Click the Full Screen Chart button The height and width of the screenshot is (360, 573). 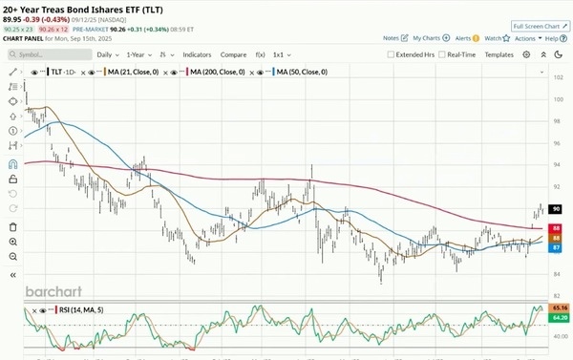pos(540,26)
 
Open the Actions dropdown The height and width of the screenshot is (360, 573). pos(526,38)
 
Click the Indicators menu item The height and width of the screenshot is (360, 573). pos(197,54)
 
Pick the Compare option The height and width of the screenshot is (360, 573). pos(233,54)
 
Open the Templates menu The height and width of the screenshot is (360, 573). pos(499,54)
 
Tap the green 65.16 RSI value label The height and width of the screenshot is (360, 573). pos(562,308)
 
